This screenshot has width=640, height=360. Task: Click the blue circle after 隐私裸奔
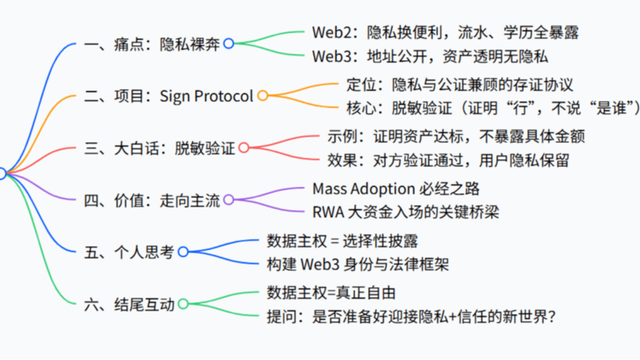pyautogui.click(x=228, y=43)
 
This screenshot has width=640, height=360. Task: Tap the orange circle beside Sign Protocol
pyautogui.click(x=262, y=95)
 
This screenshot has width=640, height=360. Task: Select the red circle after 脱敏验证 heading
pyautogui.click(x=243, y=147)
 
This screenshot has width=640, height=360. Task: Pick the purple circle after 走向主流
pyautogui.click(x=228, y=200)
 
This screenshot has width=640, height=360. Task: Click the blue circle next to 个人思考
pyautogui.click(x=183, y=252)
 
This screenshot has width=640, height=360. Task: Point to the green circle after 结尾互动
pyautogui.click(x=183, y=304)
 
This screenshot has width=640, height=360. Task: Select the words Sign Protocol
pyautogui.click(x=206, y=96)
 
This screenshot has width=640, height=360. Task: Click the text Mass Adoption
pyautogui.click(x=363, y=188)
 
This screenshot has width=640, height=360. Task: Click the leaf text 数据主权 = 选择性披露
pyautogui.click(x=342, y=241)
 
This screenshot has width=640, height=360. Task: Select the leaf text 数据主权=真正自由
pyautogui.click(x=331, y=292)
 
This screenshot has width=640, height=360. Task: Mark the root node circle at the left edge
pyautogui.click(x=1, y=173)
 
